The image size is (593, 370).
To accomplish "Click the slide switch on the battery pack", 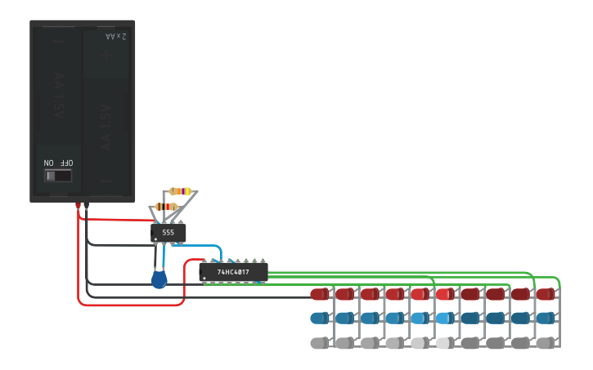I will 58,176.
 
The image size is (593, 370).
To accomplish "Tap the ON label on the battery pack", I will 49,163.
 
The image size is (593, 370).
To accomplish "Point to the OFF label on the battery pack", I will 65,163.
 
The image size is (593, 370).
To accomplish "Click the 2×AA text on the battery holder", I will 116,37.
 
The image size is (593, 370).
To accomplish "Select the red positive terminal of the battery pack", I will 78,205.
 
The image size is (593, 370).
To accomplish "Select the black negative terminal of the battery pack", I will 86,205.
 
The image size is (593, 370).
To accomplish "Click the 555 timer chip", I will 168,233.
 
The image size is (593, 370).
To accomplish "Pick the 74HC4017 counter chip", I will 234,271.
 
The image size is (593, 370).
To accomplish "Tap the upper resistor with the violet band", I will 180,191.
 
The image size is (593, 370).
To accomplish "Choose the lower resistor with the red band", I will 166,207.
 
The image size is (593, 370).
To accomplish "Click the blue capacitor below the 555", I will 159,280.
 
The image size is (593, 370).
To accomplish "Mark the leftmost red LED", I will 319,293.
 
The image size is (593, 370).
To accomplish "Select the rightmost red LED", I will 546,293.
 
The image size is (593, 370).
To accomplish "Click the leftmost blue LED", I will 319,318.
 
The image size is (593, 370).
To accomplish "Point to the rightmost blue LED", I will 546,318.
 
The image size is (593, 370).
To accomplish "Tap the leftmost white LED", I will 319,343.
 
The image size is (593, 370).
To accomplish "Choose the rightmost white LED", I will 546,343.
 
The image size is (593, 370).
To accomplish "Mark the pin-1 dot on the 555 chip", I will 155,239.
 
